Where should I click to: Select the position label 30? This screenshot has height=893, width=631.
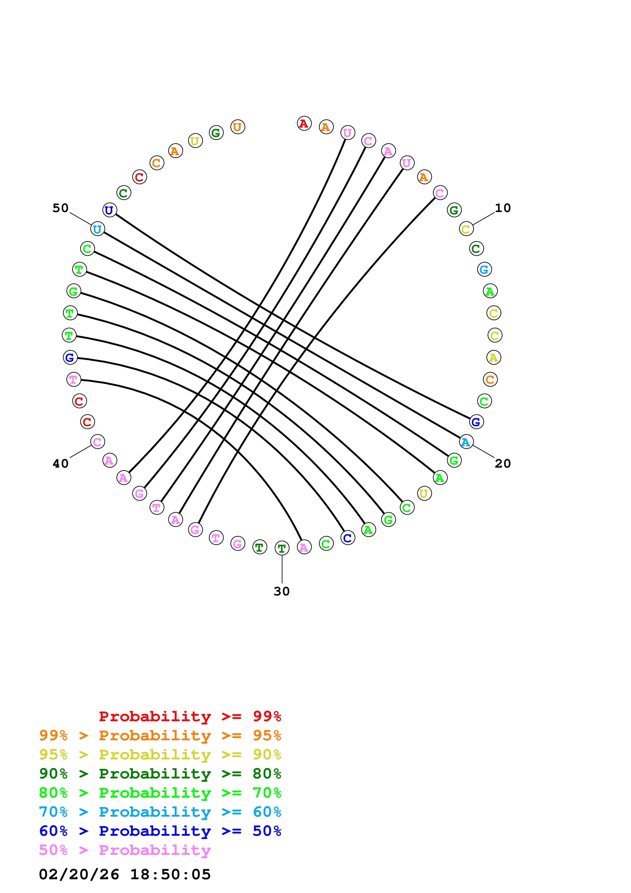282,591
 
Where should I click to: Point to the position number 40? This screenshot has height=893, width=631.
61,463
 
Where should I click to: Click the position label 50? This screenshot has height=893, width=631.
61,208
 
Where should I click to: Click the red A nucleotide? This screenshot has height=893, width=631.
304,124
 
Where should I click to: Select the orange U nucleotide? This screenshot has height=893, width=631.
237,127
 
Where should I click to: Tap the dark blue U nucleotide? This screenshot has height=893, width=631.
110,210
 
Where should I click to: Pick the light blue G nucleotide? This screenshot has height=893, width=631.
484,269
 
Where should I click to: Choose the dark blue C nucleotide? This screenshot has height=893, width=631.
348,538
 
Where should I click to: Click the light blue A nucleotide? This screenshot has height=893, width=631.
466,442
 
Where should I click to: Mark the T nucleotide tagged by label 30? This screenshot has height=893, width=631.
282,548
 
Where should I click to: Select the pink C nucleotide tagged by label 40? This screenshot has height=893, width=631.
97,442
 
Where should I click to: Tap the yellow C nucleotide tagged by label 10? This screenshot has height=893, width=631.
466,229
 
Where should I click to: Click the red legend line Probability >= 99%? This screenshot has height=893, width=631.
190,716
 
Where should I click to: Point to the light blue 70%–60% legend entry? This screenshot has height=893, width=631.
160,812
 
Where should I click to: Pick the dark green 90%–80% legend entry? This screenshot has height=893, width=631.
160,774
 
